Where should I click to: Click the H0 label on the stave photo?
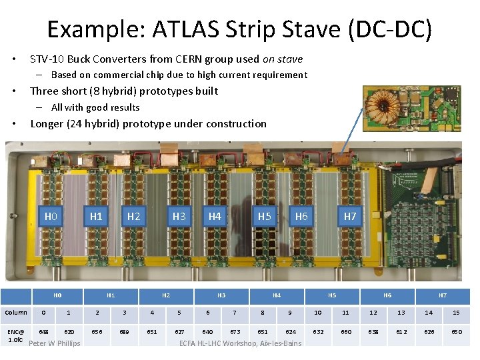point(51,216)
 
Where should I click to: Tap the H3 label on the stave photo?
point(179,216)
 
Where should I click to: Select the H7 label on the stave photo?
point(350,216)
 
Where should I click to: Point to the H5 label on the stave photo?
point(265,216)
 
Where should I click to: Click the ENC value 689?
point(124,331)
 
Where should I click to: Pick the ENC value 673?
point(235,331)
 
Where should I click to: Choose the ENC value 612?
point(401,331)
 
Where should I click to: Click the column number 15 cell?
point(456,312)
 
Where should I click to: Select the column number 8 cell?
point(262,312)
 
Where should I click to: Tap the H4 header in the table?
point(276,295)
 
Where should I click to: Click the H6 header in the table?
point(387,295)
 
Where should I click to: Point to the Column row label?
point(16,312)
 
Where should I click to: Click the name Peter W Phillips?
point(55,343)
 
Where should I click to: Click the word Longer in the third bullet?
point(47,123)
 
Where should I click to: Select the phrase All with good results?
point(95,107)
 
